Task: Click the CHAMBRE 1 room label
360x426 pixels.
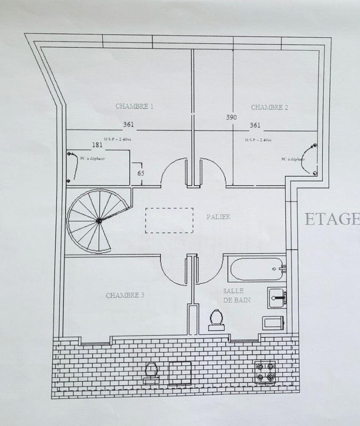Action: click(134, 106)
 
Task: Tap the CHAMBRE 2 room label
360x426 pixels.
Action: click(269, 107)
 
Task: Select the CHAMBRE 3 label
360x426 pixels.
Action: click(125, 295)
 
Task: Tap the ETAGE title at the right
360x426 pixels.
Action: click(332, 219)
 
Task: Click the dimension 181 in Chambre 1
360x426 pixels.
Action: click(97, 145)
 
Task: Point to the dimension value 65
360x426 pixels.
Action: click(141, 173)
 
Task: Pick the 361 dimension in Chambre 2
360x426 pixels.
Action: click(255, 126)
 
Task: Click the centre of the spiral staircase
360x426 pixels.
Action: click(99, 220)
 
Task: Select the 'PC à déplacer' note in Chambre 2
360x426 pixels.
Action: click(293, 159)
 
